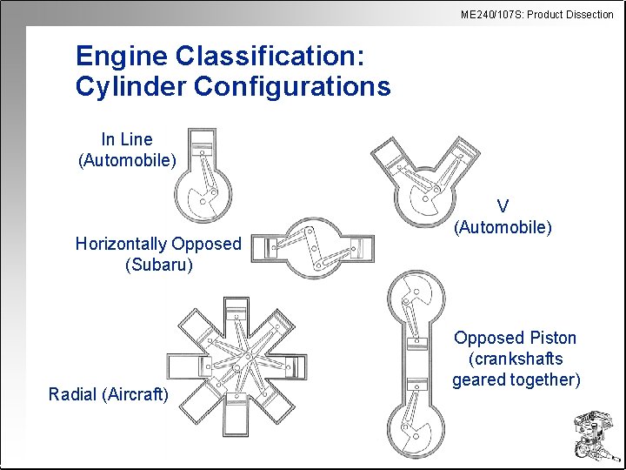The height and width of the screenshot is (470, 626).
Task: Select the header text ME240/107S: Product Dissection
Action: point(536,14)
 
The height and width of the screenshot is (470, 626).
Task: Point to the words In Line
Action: point(127,139)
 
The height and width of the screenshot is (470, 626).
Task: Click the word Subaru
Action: point(158,265)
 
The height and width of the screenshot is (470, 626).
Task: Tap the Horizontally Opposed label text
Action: point(158,244)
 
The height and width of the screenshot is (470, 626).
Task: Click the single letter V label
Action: point(503,207)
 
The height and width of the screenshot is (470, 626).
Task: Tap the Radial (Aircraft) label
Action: point(109,394)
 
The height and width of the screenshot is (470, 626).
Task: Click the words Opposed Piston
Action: point(516,338)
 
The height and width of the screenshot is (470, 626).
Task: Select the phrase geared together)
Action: point(516,379)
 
